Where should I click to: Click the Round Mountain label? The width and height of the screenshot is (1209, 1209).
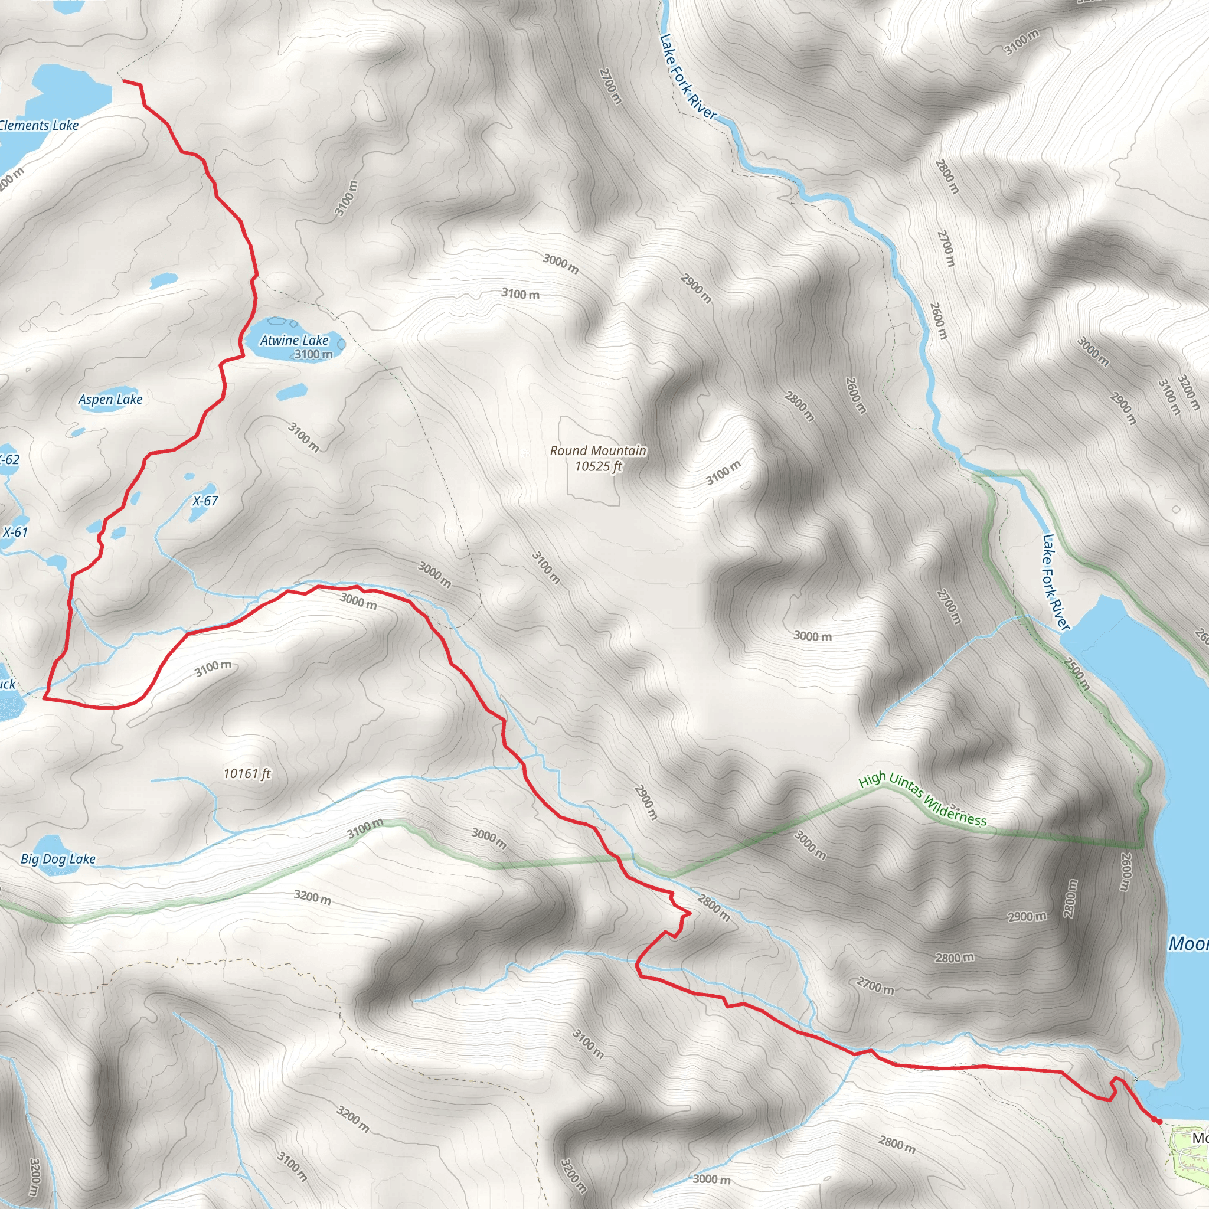click(597, 450)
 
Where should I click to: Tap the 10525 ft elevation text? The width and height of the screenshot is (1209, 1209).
click(598, 466)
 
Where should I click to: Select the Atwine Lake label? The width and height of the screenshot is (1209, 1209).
click(294, 341)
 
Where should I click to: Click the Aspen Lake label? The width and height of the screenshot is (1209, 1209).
click(111, 399)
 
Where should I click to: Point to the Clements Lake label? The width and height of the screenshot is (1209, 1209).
click(39, 126)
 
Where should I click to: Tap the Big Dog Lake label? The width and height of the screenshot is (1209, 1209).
click(58, 859)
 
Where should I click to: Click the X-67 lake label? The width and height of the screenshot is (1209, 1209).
click(205, 501)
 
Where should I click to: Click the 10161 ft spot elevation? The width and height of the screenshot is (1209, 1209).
click(247, 774)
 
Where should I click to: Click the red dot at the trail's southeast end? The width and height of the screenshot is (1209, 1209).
click(1159, 1122)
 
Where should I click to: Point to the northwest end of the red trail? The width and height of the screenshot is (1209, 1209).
click(124, 81)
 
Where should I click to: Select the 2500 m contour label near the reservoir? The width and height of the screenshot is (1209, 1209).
click(1077, 673)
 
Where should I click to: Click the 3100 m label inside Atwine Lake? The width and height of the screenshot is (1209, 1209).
click(313, 354)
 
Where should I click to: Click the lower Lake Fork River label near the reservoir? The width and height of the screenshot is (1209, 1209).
click(1056, 581)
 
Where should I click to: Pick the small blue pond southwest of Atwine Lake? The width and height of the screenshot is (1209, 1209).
click(291, 393)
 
